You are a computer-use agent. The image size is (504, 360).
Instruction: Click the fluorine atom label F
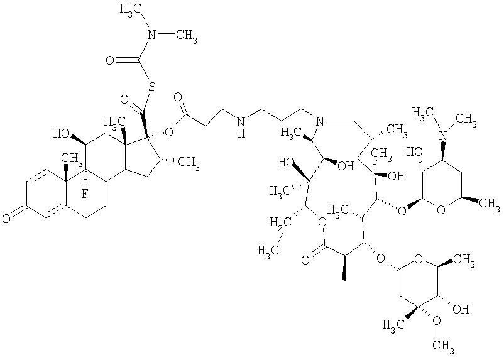84,193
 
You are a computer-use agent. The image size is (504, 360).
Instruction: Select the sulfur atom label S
152,86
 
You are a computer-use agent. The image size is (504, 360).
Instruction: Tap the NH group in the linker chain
241,126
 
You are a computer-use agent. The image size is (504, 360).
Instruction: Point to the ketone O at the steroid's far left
6,218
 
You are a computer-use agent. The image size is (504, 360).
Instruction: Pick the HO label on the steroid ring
61,133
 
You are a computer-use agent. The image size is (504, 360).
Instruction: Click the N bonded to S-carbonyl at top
151,34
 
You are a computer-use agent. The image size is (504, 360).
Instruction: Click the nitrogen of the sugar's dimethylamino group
444,136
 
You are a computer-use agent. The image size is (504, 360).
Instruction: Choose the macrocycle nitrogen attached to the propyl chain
319,121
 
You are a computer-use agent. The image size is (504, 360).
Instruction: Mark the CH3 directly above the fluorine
70,158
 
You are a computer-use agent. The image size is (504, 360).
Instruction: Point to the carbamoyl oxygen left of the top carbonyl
110,60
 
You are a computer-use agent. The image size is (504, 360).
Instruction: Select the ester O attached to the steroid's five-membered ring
168,131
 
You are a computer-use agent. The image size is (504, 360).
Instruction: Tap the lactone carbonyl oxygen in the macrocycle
305,259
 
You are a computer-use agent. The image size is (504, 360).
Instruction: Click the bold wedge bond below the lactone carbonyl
344,268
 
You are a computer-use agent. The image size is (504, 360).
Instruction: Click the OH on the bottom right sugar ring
461,309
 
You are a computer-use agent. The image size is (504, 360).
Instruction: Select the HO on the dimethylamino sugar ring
414,151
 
